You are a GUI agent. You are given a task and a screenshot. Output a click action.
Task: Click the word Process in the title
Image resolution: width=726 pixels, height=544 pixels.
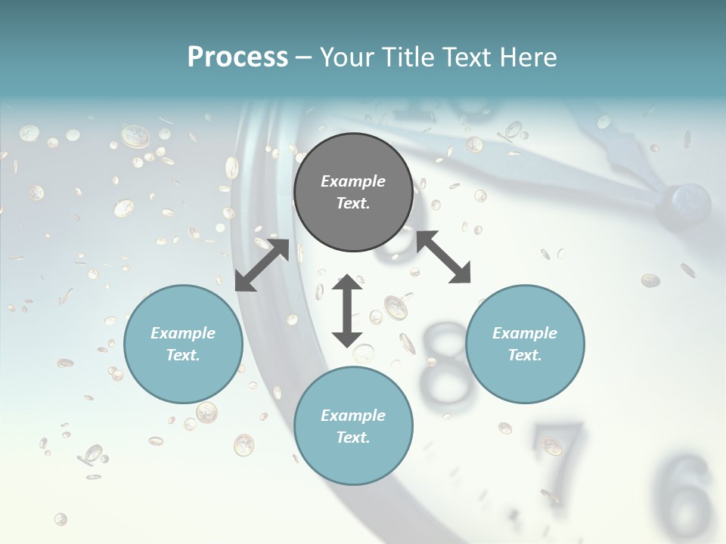point(237,57)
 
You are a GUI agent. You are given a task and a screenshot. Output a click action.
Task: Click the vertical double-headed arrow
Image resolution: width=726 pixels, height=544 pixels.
point(347,311)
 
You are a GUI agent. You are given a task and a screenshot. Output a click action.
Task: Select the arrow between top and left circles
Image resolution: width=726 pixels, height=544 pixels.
point(262,265)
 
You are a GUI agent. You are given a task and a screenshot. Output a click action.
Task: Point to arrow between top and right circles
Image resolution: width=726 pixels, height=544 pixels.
point(443,257)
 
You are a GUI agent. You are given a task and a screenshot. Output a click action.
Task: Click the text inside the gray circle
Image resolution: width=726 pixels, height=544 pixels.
point(353,192)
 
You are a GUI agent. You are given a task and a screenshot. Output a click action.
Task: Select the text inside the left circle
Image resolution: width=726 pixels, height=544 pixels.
point(183,344)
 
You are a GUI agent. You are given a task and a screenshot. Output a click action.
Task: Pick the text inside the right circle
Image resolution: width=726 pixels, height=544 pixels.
point(525,344)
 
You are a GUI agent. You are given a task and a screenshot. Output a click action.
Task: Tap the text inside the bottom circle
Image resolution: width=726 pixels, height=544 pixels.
point(353,426)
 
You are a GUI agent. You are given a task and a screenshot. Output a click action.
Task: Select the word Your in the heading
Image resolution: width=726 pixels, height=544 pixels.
point(346,57)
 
